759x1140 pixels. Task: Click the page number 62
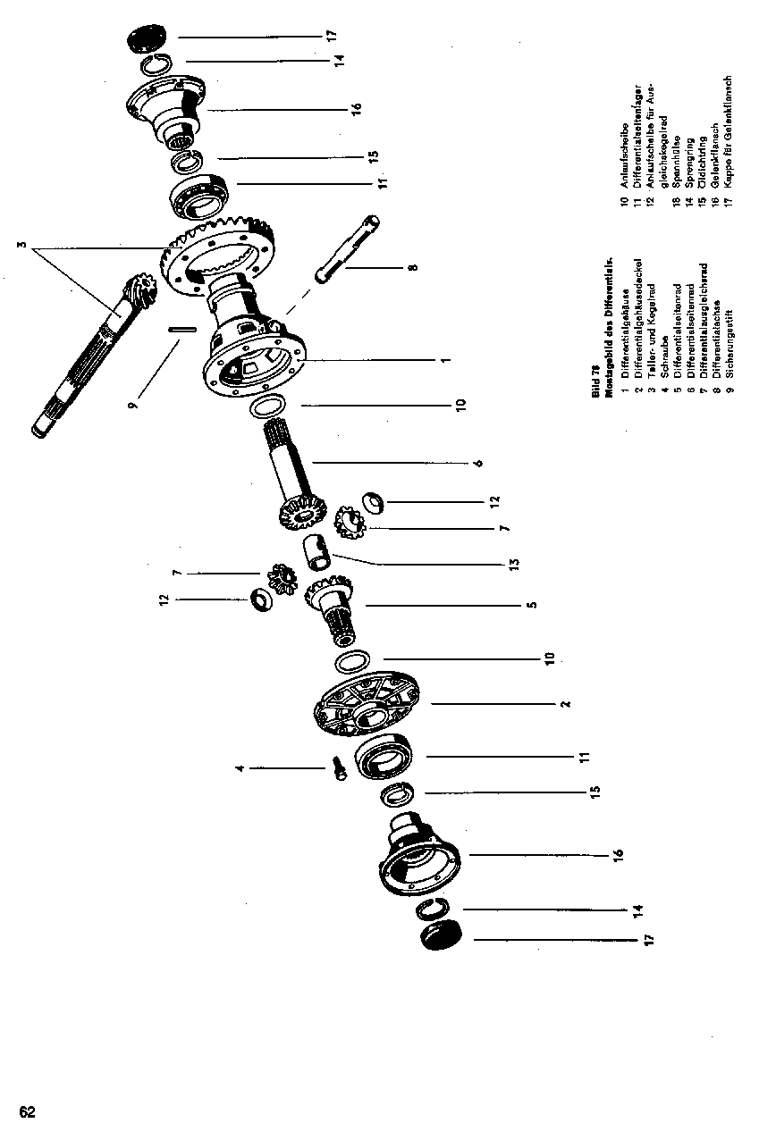coord(27,1112)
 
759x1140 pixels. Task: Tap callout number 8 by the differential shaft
coord(411,265)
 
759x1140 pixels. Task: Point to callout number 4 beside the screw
coord(240,767)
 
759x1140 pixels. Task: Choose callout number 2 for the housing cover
coord(565,704)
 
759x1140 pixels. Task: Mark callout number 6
coord(478,463)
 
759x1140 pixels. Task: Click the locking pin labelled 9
coord(181,328)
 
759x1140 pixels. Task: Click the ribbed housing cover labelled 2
coord(367,706)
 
